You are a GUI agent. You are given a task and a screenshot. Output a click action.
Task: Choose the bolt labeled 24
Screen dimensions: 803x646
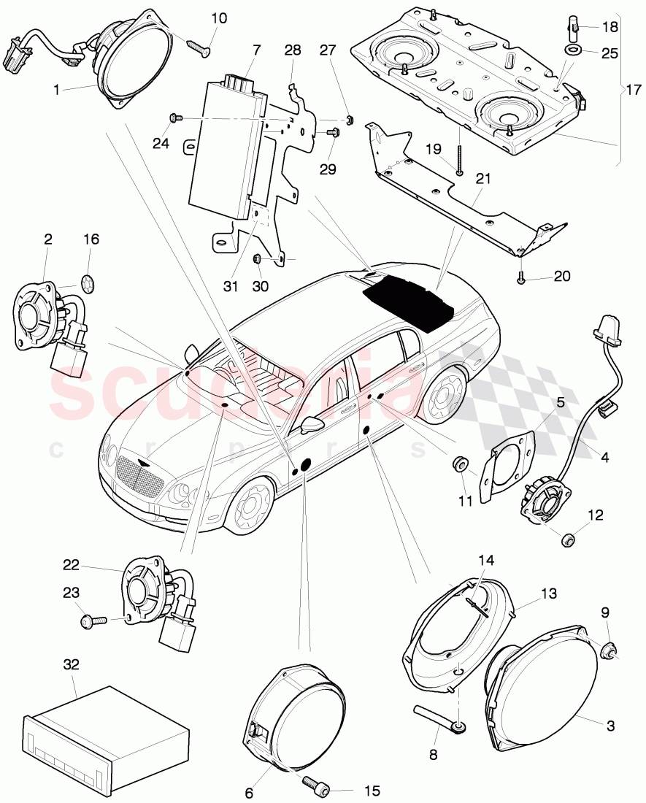[x=175, y=118]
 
